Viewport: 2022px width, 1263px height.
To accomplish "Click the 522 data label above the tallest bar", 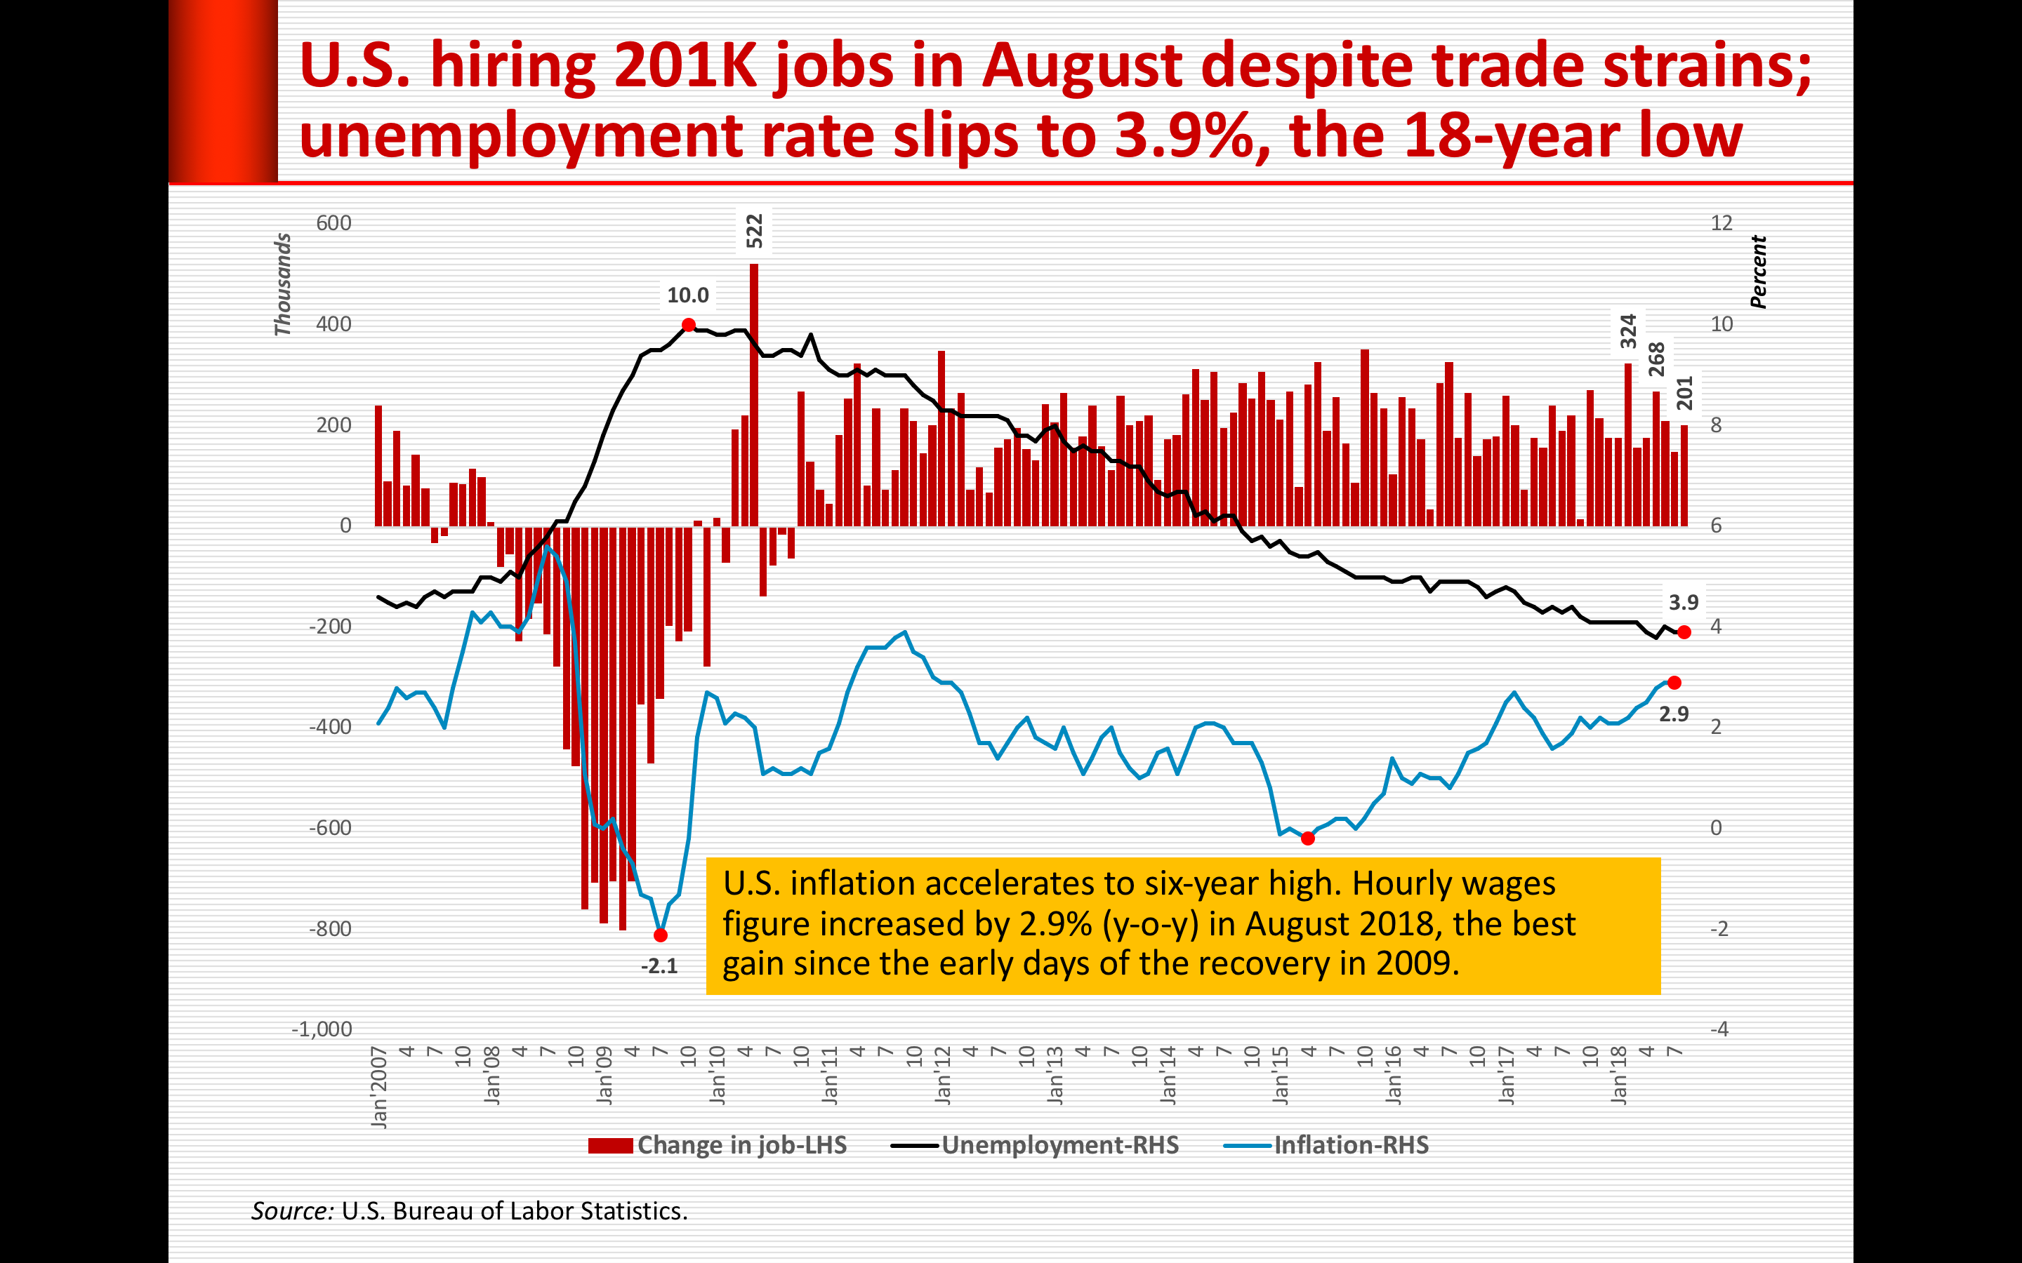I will coord(755,232).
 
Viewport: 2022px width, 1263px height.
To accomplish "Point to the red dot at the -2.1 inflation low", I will coord(661,935).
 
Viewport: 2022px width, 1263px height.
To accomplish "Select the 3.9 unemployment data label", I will coord(1684,602).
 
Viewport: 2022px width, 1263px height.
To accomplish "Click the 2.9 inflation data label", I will coord(1674,714).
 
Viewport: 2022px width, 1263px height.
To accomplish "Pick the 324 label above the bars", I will coord(1627,332).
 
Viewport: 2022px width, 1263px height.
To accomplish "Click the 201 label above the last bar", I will coord(1684,394).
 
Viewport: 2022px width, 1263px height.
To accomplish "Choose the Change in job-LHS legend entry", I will coord(718,1145).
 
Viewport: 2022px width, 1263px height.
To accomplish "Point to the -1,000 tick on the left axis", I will coord(322,1029).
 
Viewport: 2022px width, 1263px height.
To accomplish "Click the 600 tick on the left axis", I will coord(333,223).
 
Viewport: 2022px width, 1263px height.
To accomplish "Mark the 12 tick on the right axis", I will coord(1722,223).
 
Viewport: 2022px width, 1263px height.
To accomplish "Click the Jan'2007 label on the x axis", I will coord(379,1088).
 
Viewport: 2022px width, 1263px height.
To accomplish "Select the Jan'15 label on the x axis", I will coord(1281,1076).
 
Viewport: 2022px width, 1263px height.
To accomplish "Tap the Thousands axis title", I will coord(283,285).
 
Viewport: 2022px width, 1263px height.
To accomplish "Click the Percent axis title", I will coord(1759,272).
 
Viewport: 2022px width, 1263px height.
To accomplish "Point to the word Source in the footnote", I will coord(291,1211).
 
